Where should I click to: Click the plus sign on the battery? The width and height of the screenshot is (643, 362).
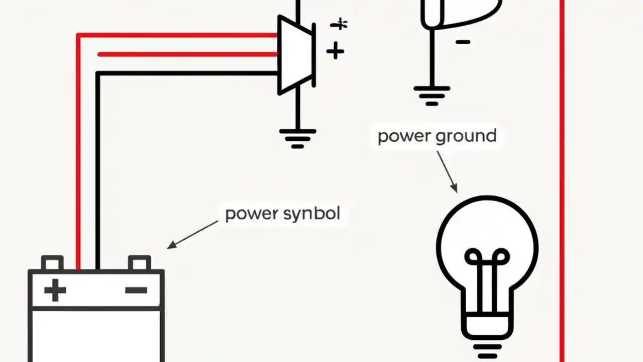(x=55, y=290)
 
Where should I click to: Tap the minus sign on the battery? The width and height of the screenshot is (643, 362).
(x=136, y=290)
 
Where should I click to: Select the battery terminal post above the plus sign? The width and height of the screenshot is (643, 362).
(x=52, y=263)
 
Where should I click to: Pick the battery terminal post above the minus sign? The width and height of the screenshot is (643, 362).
(x=139, y=263)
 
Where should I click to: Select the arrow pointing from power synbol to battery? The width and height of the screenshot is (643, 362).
(x=193, y=234)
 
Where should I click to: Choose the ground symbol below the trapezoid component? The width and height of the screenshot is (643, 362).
(x=297, y=138)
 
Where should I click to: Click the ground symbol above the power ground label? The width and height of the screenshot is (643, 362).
(x=432, y=96)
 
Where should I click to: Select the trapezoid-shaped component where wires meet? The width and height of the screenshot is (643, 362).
(x=296, y=55)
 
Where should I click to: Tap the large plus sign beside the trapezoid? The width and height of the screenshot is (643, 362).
(x=335, y=51)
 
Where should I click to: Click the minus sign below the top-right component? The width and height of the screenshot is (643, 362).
(x=463, y=42)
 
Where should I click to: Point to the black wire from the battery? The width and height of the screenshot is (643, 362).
(x=97, y=166)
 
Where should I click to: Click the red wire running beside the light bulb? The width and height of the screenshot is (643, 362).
(x=562, y=201)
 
